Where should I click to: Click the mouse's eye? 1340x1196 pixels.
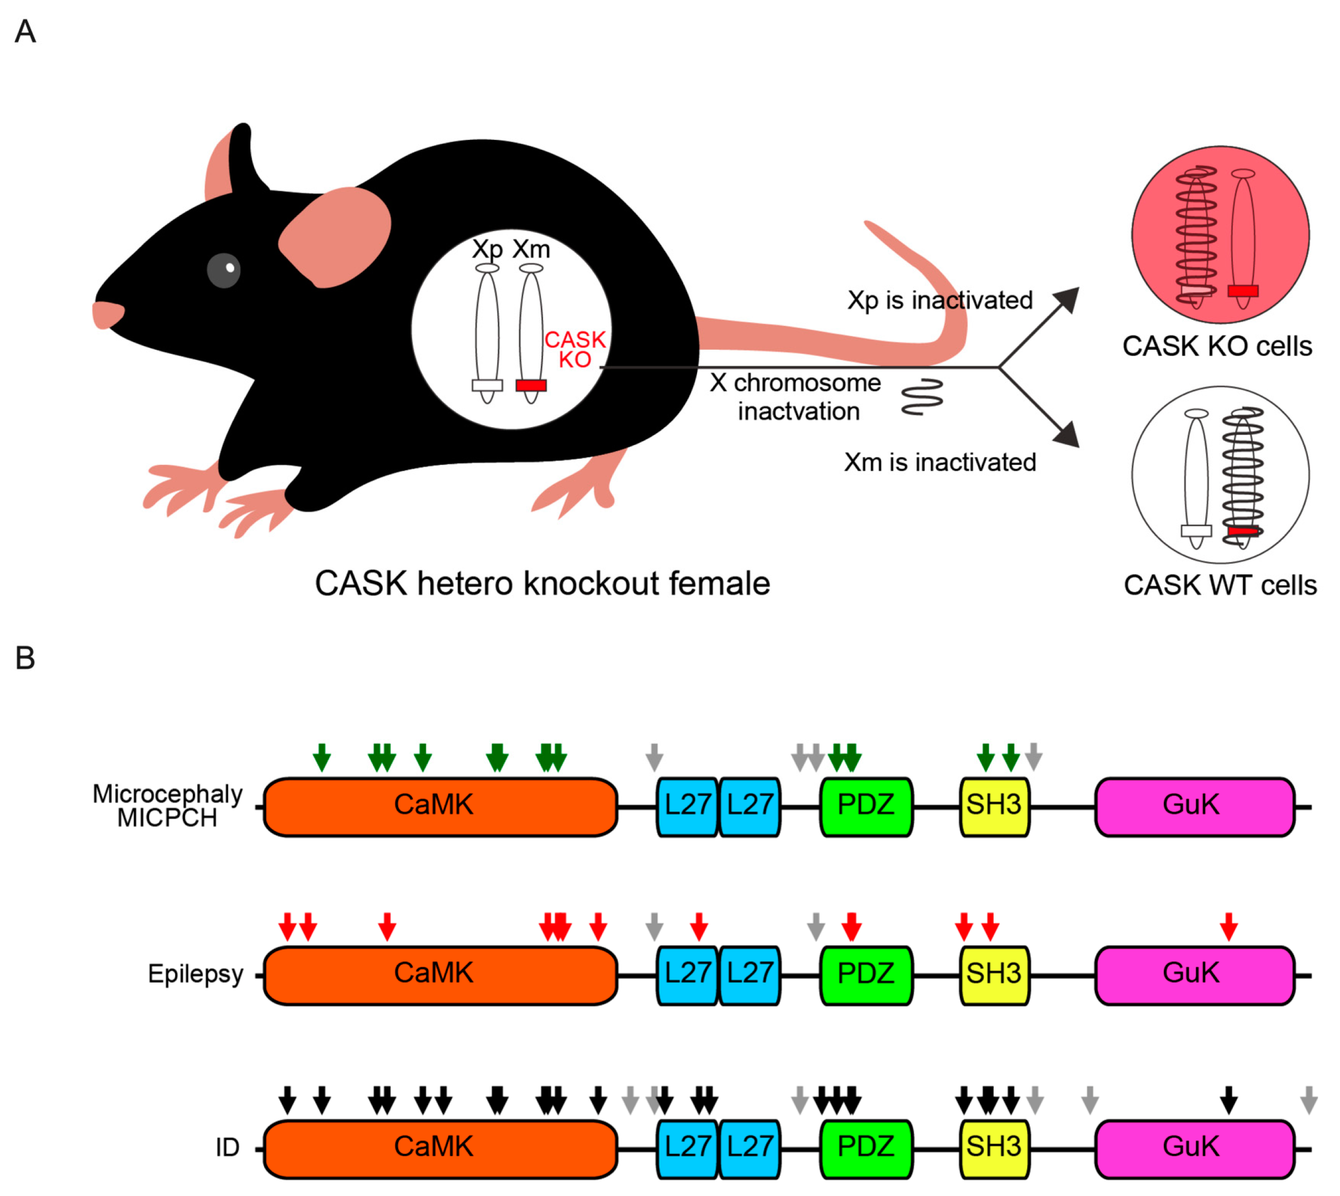(224, 270)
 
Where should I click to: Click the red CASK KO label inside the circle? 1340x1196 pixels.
(575, 349)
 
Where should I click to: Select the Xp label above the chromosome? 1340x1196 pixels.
(487, 249)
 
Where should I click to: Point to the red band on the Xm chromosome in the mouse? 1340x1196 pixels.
(531, 385)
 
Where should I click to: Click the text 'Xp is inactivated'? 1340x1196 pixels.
(940, 300)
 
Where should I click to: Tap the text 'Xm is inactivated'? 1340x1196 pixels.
(940, 462)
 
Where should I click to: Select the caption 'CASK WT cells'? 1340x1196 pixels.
(1220, 585)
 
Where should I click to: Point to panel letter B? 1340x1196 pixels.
(25, 658)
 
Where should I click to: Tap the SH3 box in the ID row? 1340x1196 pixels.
(994, 1146)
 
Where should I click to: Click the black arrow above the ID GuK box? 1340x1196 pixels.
(1228, 1099)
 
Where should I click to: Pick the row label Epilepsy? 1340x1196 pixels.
(195, 974)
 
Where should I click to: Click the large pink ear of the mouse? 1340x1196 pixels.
(335, 237)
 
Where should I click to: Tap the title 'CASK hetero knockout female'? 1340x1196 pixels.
(542, 584)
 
